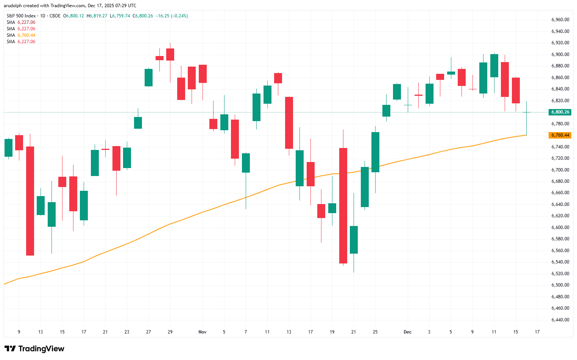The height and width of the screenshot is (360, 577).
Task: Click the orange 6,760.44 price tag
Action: pyautogui.click(x=560, y=135)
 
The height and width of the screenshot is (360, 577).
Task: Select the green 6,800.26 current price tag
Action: pyautogui.click(x=560, y=112)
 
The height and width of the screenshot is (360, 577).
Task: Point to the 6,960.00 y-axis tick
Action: pyautogui.click(x=560, y=20)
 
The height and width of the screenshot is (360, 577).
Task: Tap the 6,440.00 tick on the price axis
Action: pyautogui.click(x=560, y=320)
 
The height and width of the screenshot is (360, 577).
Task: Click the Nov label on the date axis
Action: pyautogui.click(x=203, y=332)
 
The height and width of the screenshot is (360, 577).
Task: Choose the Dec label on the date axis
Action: pyautogui.click(x=407, y=332)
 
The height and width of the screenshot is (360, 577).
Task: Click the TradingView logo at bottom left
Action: pyautogui.click(x=34, y=349)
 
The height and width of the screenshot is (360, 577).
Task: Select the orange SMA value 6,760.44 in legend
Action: pyautogui.click(x=26, y=35)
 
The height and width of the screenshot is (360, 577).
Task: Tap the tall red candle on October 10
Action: pyautogui.click(x=30, y=201)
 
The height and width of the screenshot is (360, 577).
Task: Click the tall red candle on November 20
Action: pyautogui.click(x=343, y=205)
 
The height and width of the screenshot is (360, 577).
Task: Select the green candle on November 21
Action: pyautogui.click(x=354, y=240)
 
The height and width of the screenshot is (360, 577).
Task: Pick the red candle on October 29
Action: pyautogui.click(x=170, y=55)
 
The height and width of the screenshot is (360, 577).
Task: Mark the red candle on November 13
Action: pyautogui.click(x=289, y=123)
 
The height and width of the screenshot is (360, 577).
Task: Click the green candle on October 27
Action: pyautogui.click(x=148, y=78)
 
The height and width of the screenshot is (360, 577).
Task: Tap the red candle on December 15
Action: pyautogui.click(x=516, y=90)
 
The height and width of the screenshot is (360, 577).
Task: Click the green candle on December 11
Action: pyautogui.click(x=494, y=65)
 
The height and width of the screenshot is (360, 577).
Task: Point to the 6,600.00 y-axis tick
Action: pyautogui.click(x=560, y=228)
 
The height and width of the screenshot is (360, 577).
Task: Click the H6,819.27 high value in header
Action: pyautogui.click(x=97, y=16)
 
